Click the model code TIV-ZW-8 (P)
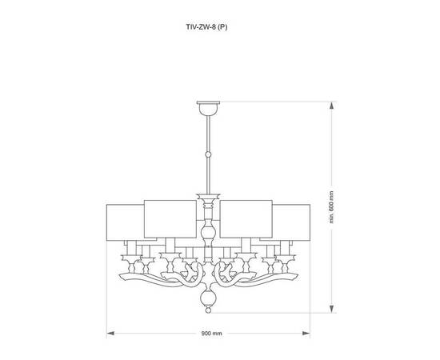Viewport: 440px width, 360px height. point(206,25)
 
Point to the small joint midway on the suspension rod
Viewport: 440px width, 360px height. point(207,154)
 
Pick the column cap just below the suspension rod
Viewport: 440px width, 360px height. point(207,197)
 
